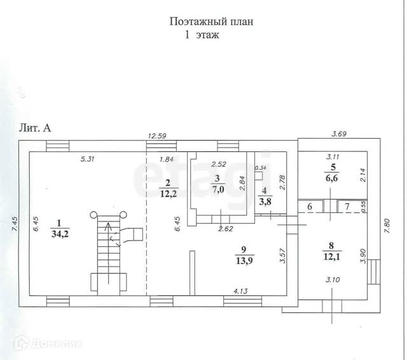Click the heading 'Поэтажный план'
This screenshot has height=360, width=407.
pyautogui.click(x=212, y=21)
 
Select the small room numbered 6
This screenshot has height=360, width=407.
pyautogui.click(x=309, y=207)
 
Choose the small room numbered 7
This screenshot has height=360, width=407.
pyautogui.click(x=347, y=207)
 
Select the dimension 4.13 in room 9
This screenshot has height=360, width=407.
pyautogui.click(x=239, y=291)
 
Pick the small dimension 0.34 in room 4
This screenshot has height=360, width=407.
pyautogui.click(x=260, y=168)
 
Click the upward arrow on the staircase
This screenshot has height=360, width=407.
pyautogui.click(x=107, y=226)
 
